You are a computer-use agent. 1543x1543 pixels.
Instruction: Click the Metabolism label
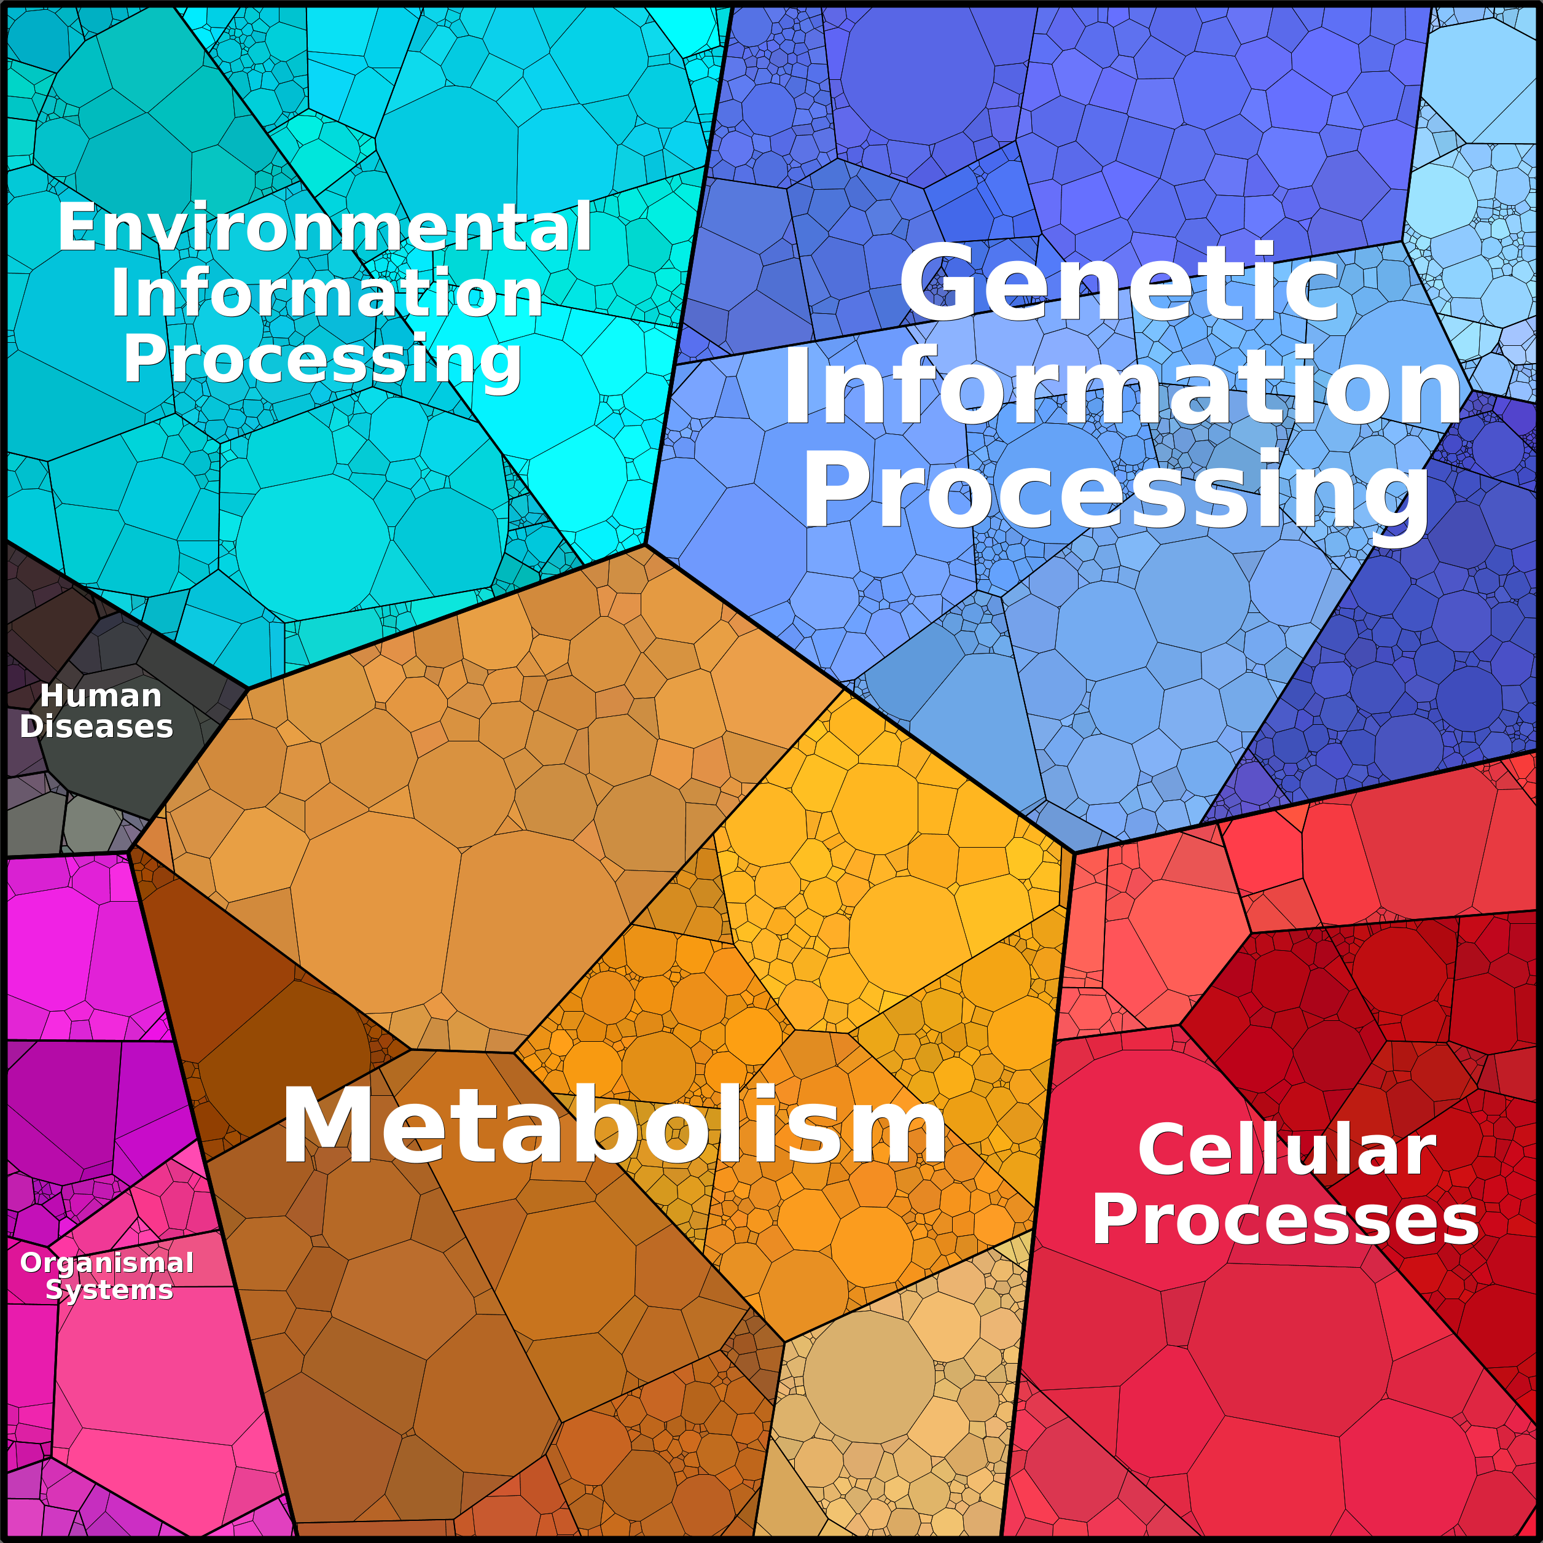[614, 1125]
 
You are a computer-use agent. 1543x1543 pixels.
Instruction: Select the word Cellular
[1287, 1150]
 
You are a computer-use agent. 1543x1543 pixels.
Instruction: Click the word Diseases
[96, 727]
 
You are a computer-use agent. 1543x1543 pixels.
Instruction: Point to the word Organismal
[107, 1263]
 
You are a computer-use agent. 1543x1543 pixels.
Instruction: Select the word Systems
[109, 1290]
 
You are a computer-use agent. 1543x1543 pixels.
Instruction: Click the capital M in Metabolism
[325, 1126]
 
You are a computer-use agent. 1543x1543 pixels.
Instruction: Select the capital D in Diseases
[33, 727]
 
